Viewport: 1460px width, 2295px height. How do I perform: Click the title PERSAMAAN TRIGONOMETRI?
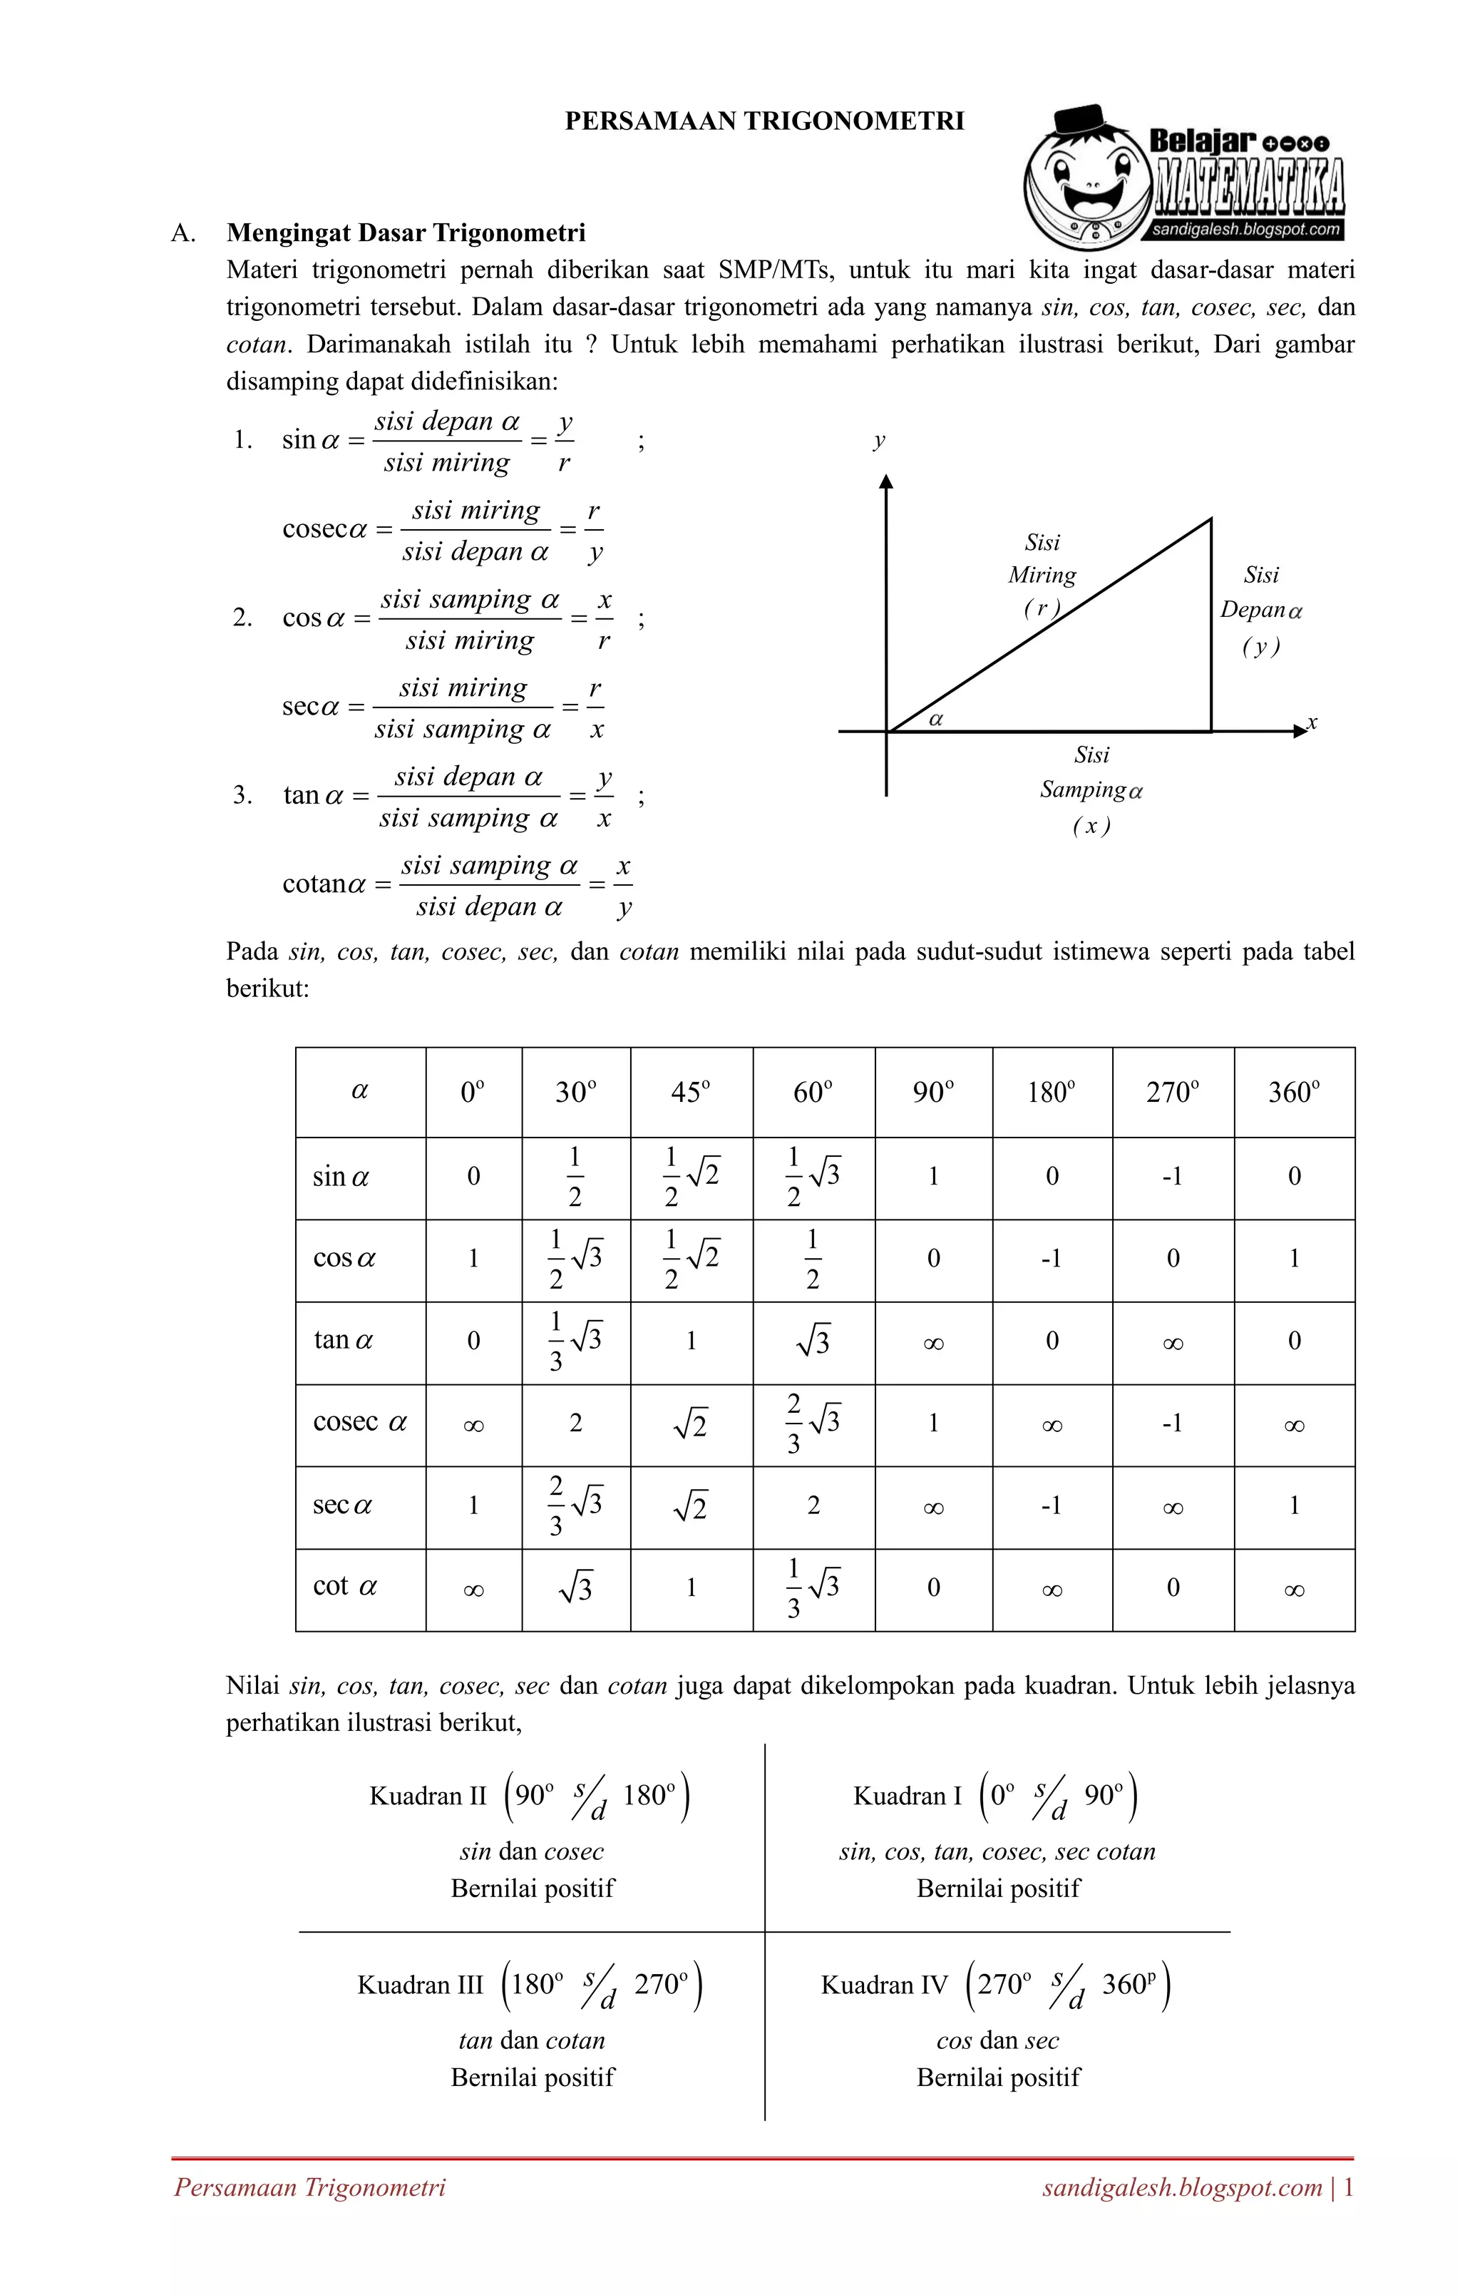[x=764, y=121]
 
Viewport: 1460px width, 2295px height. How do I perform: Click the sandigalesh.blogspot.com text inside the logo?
[x=1247, y=230]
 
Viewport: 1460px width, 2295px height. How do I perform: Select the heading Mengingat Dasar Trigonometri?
[x=406, y=232]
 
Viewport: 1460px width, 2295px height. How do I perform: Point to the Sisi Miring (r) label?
[x=1042, y=575]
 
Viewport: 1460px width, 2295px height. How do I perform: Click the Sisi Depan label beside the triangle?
[x=1261, y=609]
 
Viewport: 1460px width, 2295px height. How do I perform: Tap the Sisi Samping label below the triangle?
[x=1091, y=789]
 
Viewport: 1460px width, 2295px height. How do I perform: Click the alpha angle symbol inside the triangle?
[x=936, y=720]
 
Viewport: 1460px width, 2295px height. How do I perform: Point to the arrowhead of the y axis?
[x=886, y=481]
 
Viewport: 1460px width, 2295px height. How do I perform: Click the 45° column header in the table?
[x=691, y=1092]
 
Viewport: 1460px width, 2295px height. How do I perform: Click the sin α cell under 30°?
[x=575, y=1177]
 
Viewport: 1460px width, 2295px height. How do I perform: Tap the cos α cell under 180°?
[x=1052, y=1259]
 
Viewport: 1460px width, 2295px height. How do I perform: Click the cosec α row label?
[x=359, y=1423]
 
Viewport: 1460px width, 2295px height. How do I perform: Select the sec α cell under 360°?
[x=1293, y=1506]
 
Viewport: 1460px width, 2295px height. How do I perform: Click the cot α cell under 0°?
[x=473, y=1589]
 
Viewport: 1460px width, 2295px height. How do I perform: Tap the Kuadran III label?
[x=421, y=1985]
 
